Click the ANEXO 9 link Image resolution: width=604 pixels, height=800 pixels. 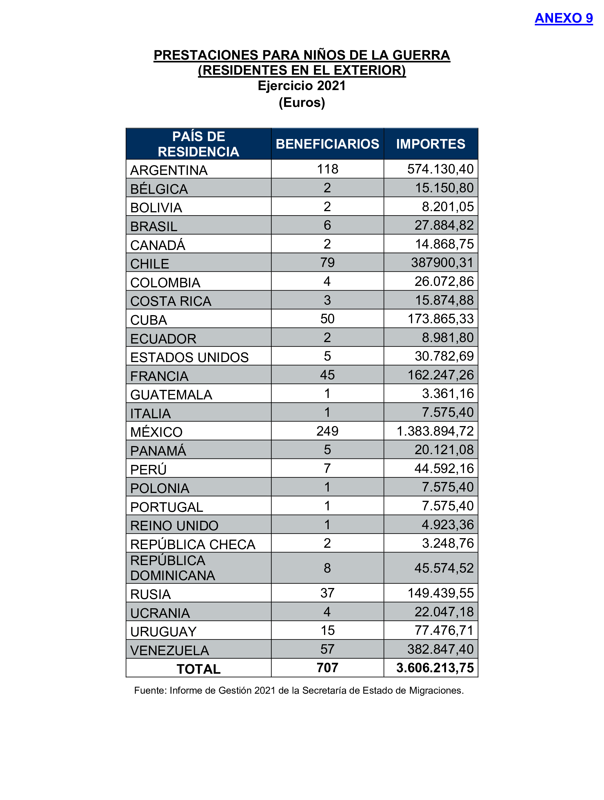tap(563, 18)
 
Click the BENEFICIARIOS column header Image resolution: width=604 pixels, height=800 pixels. tap(327, 144)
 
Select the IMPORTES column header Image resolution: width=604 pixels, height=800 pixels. tap(430, 144)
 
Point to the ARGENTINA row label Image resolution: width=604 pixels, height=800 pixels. tap(169, 170)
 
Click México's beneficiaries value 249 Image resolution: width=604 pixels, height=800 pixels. tap(327, 431)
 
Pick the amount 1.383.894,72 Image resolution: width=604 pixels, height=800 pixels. tap(435, 431)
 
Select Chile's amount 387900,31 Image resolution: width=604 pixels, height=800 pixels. tap(442, 263)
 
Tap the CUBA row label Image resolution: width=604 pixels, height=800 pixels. tap(148, 320)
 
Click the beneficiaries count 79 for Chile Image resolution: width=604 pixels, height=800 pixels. tap(327, 263)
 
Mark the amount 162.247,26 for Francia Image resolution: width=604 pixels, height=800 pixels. tap(441, 375)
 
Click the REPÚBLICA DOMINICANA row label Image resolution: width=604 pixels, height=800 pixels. tap(173, 568)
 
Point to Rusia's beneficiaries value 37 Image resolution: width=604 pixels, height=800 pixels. tap(327, 593)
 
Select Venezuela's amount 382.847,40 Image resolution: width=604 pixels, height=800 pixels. tap(441, 649)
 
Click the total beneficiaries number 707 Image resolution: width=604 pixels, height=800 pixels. tap(327, 668)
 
